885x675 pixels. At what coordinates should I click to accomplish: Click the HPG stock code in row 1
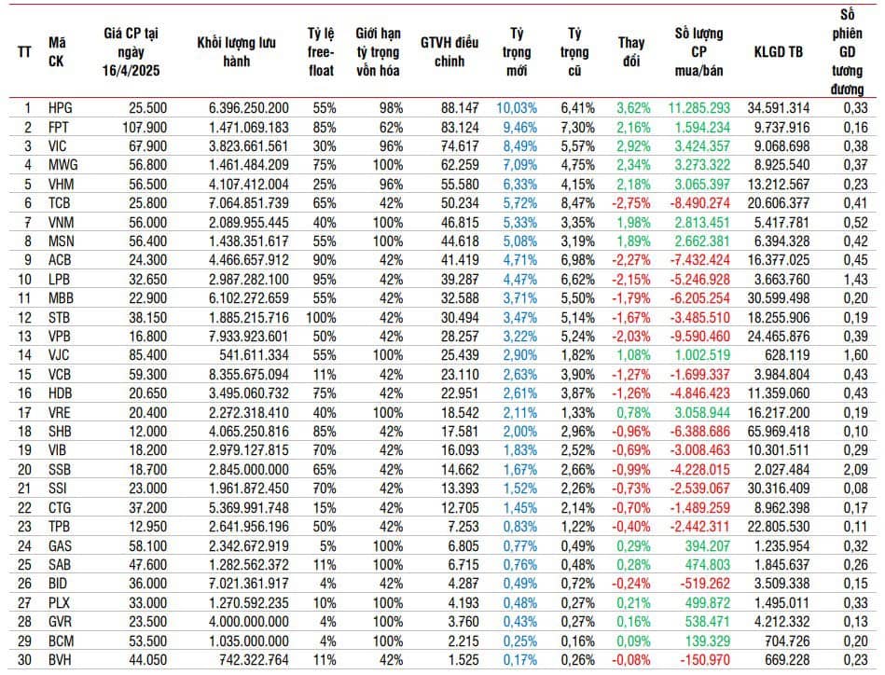[x=61, y=107]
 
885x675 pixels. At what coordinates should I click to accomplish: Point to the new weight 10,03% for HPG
[x=516, y=107]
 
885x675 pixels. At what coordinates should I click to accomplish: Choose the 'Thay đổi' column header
[x=631, y=50]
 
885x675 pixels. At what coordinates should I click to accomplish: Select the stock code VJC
[x=60, y=353]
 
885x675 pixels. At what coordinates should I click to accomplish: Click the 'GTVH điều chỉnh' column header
[x=449, y=50]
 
